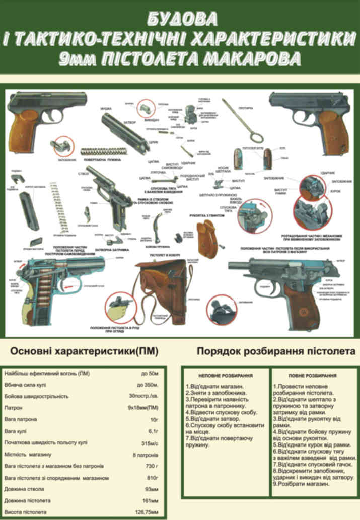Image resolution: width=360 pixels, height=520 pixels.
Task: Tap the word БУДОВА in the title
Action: tap(182, 19)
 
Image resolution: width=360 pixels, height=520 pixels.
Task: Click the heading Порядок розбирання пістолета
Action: tap(276, 351)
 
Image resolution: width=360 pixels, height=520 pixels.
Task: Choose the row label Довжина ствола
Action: tap(24, 489)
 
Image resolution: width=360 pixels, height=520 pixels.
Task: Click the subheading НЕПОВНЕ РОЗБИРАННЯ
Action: tap(226, 376)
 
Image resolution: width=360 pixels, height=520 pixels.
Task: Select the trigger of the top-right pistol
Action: tap(303, 118)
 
